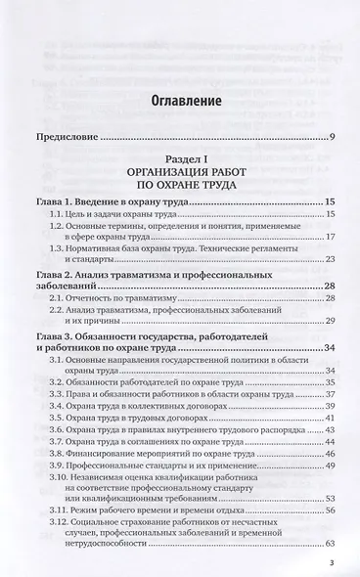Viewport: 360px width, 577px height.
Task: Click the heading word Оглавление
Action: click(x=180, y=100)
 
